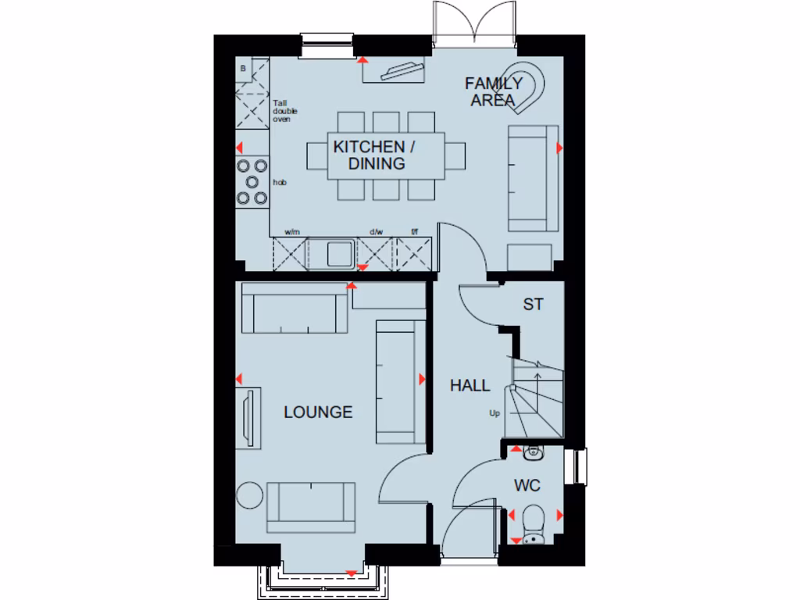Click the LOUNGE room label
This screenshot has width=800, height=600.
(318, 412)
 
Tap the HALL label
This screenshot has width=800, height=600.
(470, 385)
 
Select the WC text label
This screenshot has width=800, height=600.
(527, 486)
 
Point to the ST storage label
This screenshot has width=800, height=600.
(533, 305)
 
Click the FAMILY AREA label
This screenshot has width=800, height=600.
(494, 91)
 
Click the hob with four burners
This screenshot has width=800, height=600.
(252, 181)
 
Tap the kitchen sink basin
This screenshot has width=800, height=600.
(338, 253)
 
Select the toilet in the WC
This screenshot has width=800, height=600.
(534, 517)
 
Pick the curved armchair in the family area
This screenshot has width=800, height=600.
(534, 82)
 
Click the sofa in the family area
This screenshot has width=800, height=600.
(534, 178)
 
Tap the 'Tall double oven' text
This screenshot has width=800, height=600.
(284, 110)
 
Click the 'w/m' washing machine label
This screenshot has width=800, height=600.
(292, 232)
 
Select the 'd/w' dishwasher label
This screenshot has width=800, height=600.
(377, 232)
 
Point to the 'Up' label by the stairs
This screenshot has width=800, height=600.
(495, 413)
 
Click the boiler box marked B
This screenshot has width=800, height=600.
(244, 69)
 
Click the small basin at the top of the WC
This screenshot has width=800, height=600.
(533, 451)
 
